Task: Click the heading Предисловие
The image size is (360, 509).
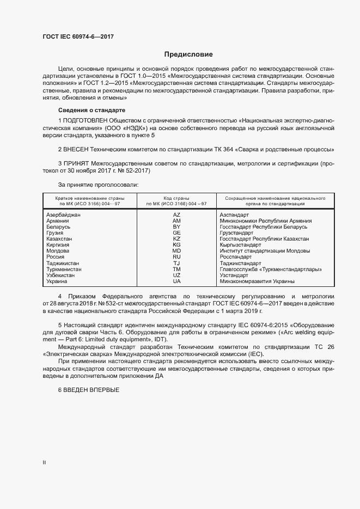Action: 188,54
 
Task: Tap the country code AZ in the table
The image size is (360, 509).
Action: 176,215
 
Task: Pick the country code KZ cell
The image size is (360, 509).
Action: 176,239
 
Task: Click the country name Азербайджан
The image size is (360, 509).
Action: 64,215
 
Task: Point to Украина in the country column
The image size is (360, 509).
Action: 57,281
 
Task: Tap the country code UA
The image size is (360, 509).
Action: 176,281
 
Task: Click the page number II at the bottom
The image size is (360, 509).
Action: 45,462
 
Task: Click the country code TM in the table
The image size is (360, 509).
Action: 176,269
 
